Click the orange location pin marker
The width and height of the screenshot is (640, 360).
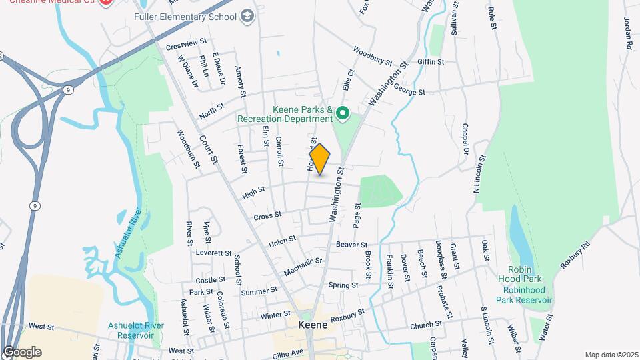click(x=320, y=159)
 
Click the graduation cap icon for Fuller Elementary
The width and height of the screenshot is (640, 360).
click(x=248, y=15)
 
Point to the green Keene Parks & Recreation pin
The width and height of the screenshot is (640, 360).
click(x=343, y=113)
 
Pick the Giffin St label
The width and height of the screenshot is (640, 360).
click(x=431, y=62)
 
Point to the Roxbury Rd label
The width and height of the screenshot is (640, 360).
click(x=576, y=254)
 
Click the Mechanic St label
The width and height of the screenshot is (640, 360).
click(x=298, y=267)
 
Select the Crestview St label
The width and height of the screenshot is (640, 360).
click(x=182, y=45)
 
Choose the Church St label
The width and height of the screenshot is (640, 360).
click(x=426, y=325)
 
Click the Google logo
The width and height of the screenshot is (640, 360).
click(x=22, y=351)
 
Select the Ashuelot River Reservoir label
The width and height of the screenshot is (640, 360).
click(x=136, y=330)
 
